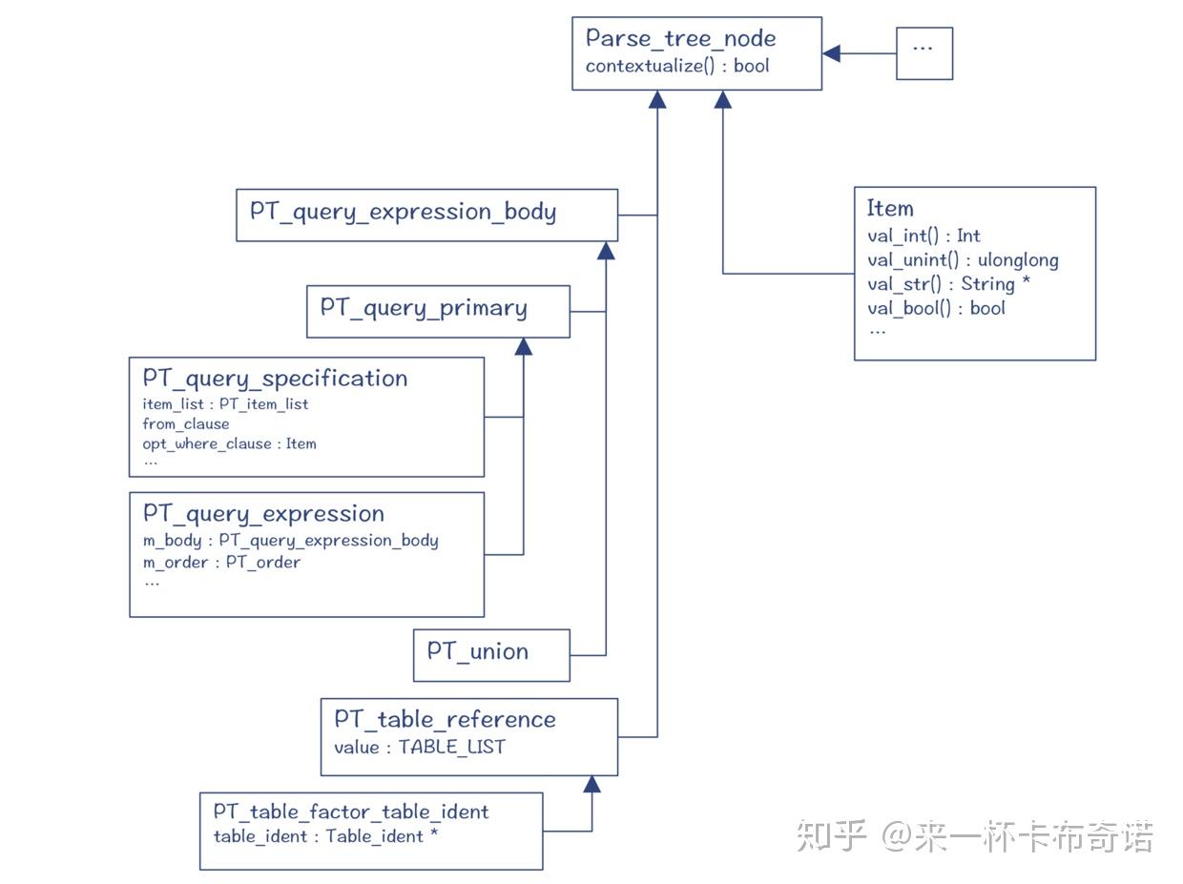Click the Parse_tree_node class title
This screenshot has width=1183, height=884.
click(680, 38)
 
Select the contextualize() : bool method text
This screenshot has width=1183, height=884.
click(677, 66)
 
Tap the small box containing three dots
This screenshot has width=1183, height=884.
click(924, 53)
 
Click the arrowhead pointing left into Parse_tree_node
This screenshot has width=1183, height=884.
click(832, 53)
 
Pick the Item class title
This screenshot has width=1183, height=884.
click(889, 208)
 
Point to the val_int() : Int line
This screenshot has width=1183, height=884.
click(924, 236)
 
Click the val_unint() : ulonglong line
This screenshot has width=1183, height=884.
click(962, 259)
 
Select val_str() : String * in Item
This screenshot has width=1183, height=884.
click(948, 283)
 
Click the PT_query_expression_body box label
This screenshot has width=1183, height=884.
click(403, 212)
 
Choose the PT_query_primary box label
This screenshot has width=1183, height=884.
click(424, 308)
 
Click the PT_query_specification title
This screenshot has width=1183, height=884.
click(275, 379)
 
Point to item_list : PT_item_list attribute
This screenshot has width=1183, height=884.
click(225, 404)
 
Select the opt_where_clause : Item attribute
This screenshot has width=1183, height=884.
click(229, 443)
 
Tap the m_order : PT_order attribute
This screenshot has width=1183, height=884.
click(221, 563)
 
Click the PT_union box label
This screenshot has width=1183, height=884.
click(477, 652)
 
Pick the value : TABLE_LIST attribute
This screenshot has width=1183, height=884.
click(419, 748)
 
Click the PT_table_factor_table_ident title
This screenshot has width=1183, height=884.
click(350, 812)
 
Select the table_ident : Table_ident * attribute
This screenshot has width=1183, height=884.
click(325, 836)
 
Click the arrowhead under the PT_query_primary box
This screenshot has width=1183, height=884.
click(523, 347)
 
